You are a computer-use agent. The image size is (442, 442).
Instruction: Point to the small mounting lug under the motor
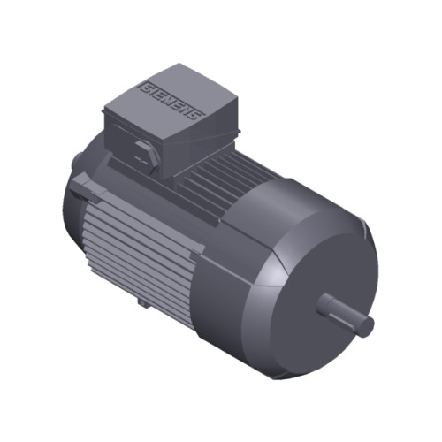point(144,301)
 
